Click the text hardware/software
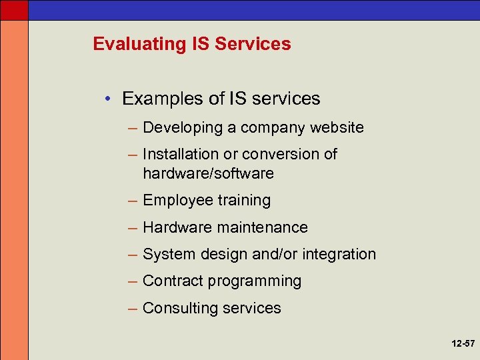208,173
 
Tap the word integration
339,254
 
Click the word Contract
171,281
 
